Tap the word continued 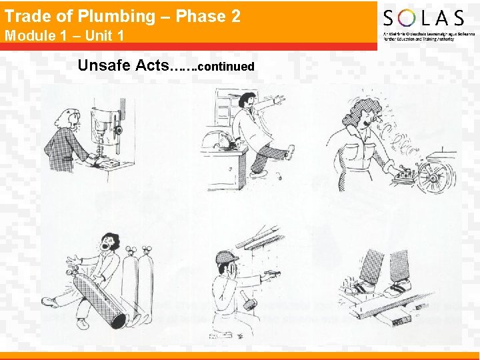[x=226, y=67]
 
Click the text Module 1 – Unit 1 [x=64, y=35]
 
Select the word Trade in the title [x=27, y=16]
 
